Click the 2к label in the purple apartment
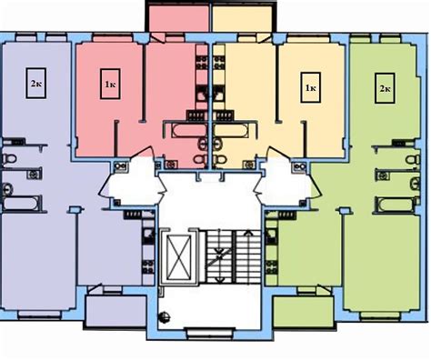35,83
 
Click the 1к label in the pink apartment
110,84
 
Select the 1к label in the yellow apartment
310,87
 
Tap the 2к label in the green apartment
385,88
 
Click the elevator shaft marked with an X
179,257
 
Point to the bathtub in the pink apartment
185,130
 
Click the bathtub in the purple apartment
22,203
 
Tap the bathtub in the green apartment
395,205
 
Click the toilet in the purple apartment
9,158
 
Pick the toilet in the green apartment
413,159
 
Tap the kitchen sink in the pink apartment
201,93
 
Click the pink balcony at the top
178,18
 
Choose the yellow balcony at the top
242,18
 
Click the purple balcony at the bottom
115,311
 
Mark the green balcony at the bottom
304,311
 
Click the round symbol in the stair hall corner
164,317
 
